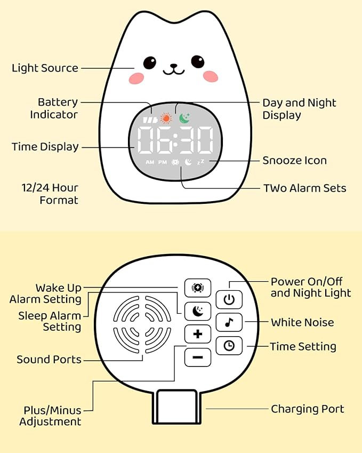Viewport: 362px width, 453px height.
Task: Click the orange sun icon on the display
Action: click(x=166, y=118)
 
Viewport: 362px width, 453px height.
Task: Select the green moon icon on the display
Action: click(x=184, y=117)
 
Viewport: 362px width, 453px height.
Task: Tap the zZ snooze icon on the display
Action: click(x=200, y=162)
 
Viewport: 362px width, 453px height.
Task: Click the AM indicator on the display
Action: click(x=150, y=162)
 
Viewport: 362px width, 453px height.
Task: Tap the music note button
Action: click(x=229, y=322)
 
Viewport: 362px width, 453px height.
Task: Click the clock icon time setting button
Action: click(x=229, y=346)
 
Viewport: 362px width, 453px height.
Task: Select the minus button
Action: click(x=198, y=357)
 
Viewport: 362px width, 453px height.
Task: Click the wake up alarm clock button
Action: click(x=198, y=288)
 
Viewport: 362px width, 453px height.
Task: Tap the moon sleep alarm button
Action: click(x=198, y=311)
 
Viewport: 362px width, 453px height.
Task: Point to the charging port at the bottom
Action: click(x=176, y=407)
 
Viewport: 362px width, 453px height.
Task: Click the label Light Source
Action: click(x=45, y=68)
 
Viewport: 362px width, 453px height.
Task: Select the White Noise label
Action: click(x=302, y=322)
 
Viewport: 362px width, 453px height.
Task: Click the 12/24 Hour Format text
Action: click(x=50, y=194)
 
